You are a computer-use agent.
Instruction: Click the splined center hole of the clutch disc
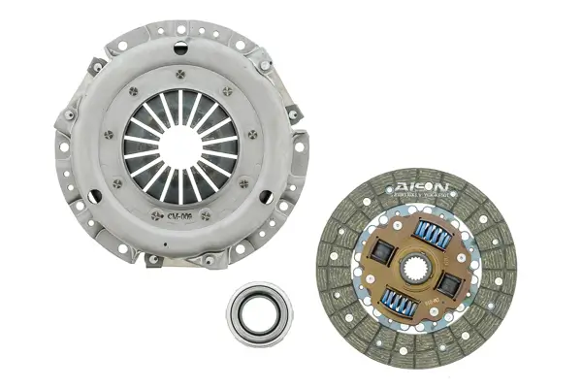(415, 268)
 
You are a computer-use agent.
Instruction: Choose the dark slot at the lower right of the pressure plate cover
(281, 200)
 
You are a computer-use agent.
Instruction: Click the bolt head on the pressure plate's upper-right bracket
(264, 64)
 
